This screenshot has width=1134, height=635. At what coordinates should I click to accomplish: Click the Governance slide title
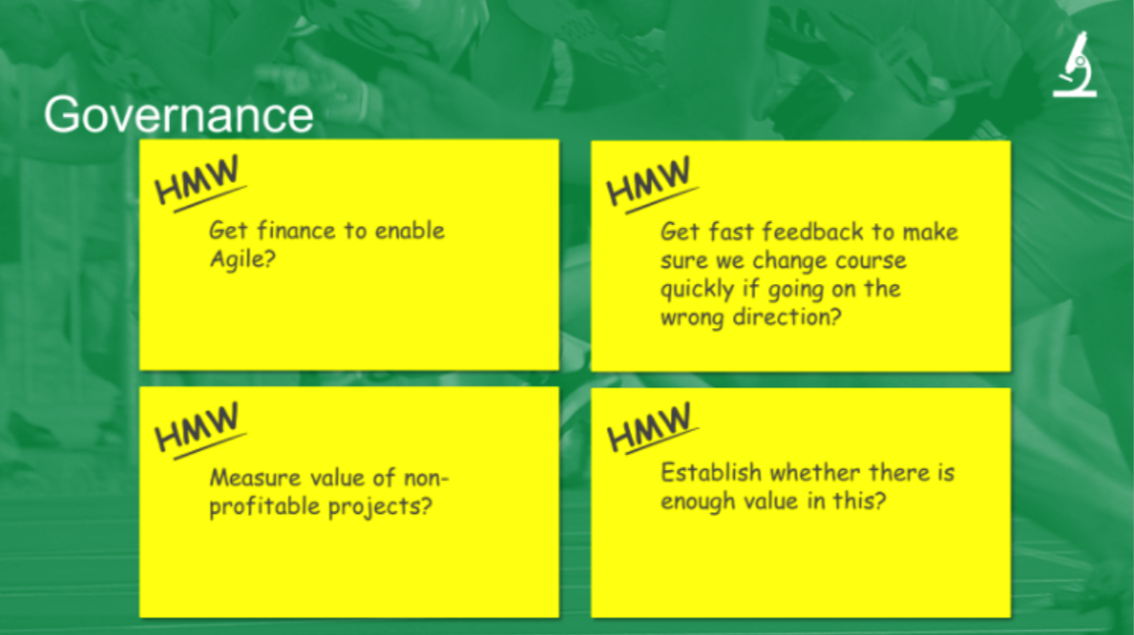point(179,115)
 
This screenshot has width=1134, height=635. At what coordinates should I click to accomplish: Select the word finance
point(297,230)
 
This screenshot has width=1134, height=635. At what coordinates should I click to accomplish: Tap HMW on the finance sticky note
point(198,182)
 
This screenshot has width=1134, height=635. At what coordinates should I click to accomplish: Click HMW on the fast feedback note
point(650,183)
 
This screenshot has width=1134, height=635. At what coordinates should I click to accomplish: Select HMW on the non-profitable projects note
point(198,429)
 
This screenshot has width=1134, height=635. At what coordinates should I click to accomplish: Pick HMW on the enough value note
point(650,429)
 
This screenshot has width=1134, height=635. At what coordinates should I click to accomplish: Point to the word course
point(871,260)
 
